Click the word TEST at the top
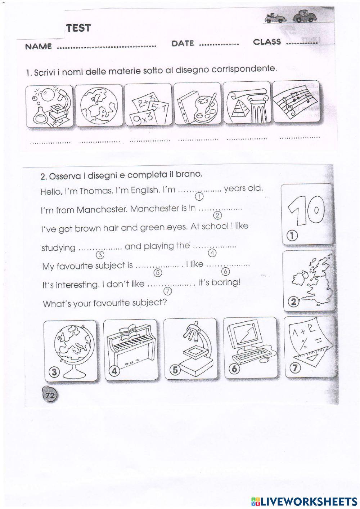tap(78, 28)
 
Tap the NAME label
tap(39, 47)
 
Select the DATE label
tap(183, 44)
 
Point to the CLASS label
tap(267, 42)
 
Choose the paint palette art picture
tap(197, 104)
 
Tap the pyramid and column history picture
tap(247, 103)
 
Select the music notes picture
tap(296, 102)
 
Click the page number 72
tap(49, 395)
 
